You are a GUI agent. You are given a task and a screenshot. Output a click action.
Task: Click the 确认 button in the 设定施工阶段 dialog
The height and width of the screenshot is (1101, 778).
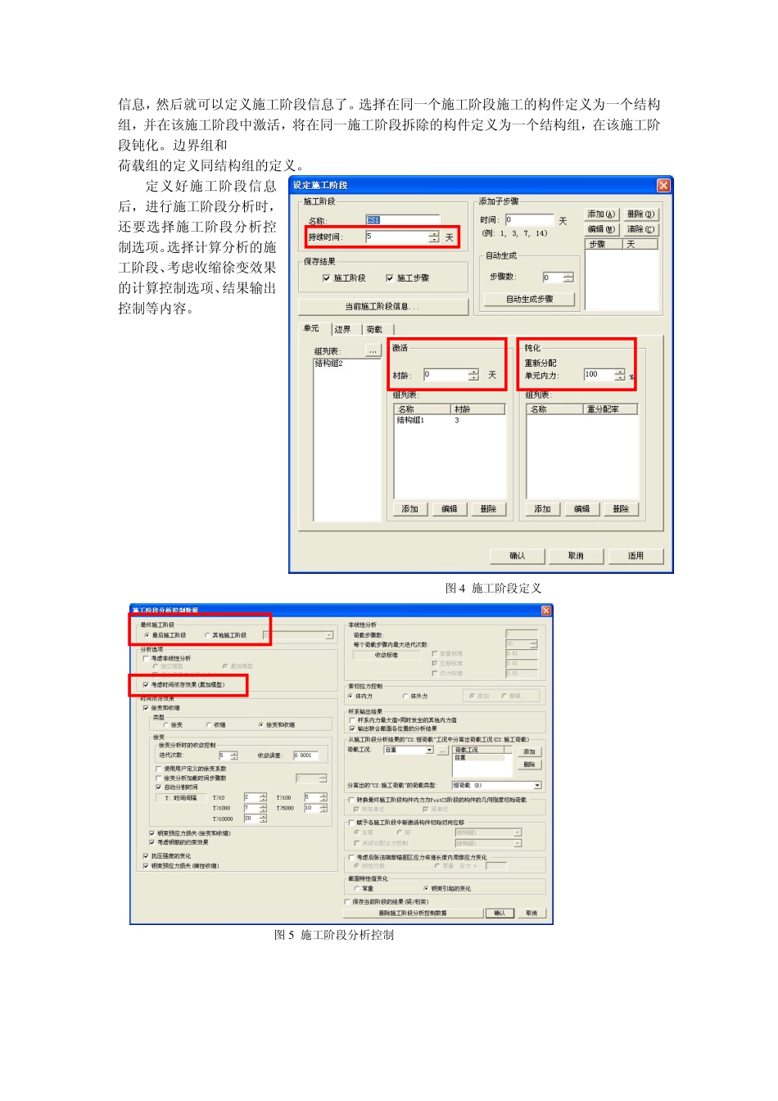(x=517, y=556)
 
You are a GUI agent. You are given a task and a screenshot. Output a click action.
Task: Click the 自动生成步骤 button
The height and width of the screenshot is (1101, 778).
(x=529, y=300)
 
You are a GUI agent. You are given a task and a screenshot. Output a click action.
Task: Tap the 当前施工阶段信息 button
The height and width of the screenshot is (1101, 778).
(x=382, y=307)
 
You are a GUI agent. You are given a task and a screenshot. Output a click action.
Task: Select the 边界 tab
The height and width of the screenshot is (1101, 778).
(x=342, y=329)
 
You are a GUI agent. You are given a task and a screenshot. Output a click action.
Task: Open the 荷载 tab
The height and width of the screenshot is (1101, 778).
(x=374, y=329)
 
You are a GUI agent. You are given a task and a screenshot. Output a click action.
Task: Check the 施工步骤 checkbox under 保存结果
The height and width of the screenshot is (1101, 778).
(x=390, y=278)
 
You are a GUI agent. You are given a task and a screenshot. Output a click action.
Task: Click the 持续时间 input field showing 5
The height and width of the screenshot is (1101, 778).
(x=396, y=237)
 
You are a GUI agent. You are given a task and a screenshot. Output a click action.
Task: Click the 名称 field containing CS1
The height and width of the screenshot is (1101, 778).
(x=401, y=220)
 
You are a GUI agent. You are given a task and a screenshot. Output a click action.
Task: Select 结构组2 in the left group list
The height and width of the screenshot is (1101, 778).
(x=329, y=363)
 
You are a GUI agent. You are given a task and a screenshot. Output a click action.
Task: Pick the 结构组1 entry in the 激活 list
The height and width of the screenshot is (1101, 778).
(x=410, y=421)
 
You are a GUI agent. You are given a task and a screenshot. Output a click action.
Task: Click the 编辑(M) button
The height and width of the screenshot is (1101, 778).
(x=601, y=229)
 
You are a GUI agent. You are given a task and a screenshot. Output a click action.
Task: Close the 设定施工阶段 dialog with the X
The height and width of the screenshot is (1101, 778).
(x=663, y=186)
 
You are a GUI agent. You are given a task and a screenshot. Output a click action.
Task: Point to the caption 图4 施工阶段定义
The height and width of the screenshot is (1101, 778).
(x=493, y=589)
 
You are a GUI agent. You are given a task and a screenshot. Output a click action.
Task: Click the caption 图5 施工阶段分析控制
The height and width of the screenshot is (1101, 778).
(x=333, y=935)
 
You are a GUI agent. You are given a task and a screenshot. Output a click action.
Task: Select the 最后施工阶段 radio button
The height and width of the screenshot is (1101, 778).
(x=147, y=635)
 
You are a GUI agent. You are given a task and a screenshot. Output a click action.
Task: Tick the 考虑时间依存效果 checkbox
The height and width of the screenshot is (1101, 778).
(x=146, y=684)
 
